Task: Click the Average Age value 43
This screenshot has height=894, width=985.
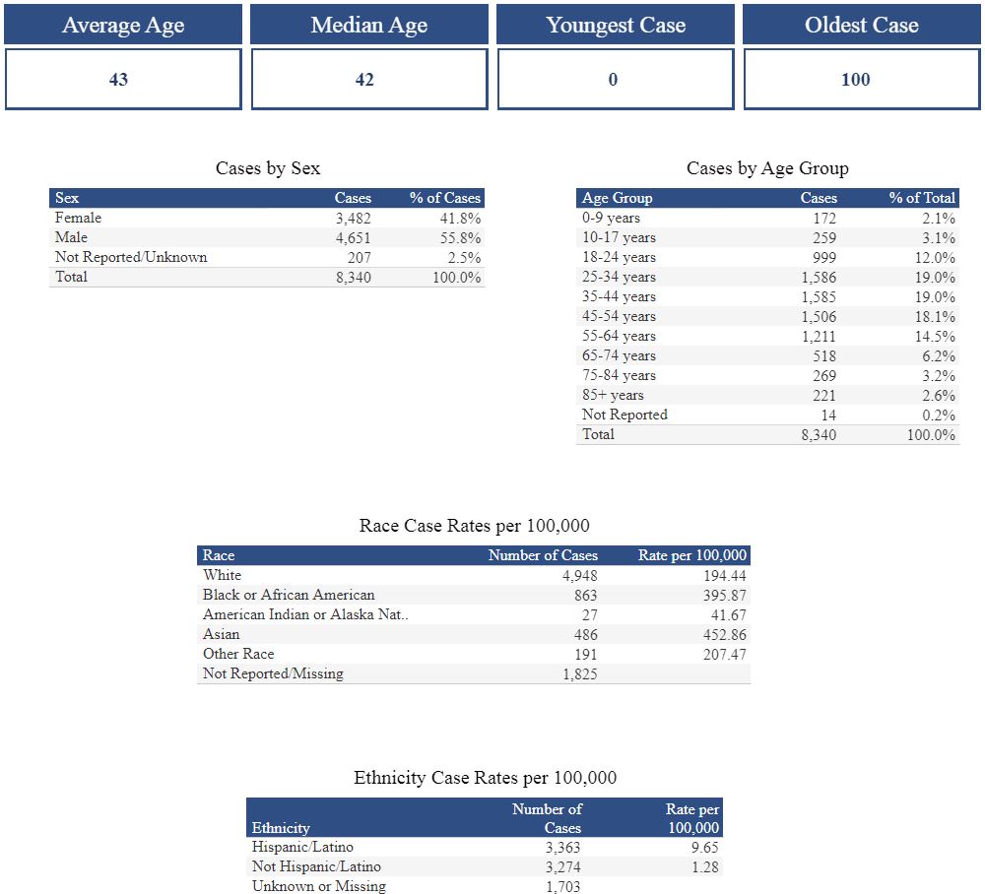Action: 118,80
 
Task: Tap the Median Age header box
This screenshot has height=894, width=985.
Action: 369,25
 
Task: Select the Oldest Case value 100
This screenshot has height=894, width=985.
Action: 855,80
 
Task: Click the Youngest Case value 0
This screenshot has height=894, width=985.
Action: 613,80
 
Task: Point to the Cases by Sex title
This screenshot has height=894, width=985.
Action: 268,168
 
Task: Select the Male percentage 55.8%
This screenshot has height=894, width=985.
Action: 460,237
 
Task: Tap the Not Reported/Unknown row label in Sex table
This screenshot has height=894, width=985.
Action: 131,257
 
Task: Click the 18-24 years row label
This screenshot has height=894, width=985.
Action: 619,257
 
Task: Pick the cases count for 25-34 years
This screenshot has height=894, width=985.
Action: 819,277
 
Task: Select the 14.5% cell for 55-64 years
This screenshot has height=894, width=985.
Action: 935,336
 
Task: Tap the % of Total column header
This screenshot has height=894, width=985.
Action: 922,198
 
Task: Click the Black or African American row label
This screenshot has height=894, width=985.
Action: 289,595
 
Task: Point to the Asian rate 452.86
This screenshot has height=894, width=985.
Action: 724,634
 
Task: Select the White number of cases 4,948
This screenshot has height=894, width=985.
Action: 579,575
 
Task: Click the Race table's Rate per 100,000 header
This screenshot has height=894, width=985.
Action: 692,555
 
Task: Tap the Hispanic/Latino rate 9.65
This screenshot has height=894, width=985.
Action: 704,847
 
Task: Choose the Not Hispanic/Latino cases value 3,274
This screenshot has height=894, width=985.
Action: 562,866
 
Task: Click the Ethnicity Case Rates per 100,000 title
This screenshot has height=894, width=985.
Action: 485,778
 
